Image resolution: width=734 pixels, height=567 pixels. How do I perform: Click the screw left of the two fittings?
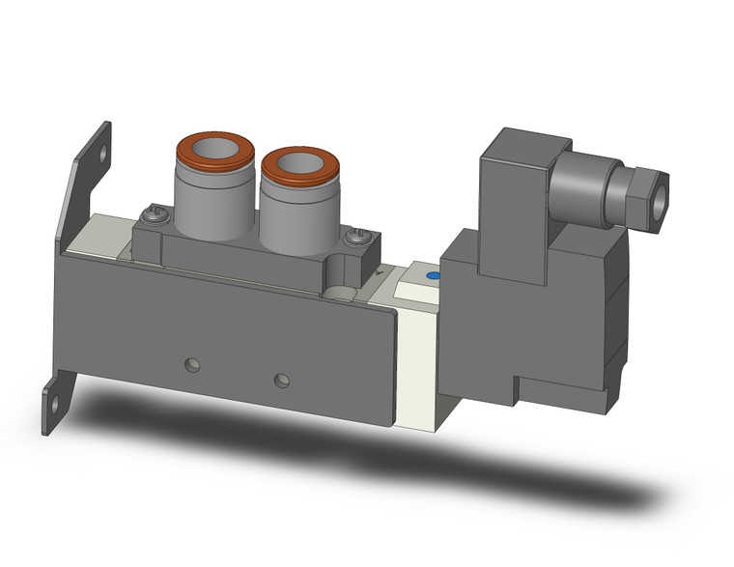coord(149,214)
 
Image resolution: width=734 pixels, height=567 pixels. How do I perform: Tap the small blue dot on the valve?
coord(431,276)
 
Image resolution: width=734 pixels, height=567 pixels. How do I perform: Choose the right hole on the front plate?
coord(281,379)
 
